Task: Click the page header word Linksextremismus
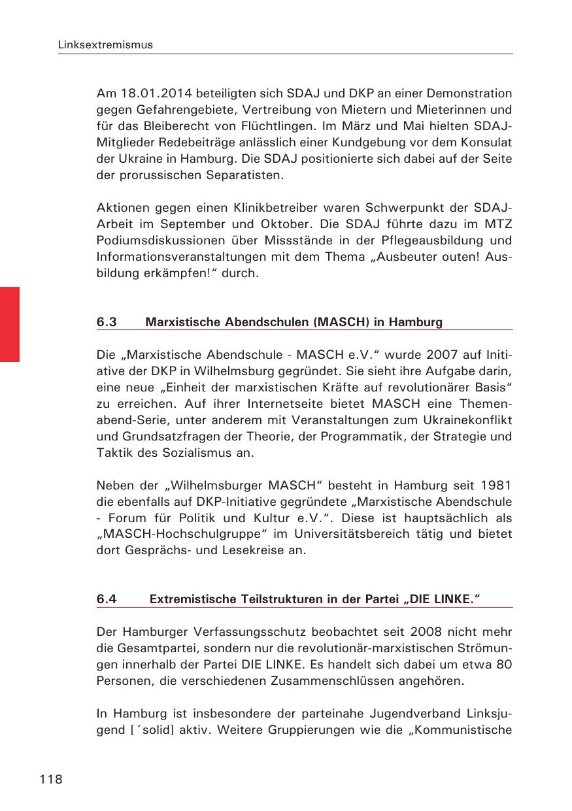pyautogui.click(x=105, y=45)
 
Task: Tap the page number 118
pyautogui.click(x=51, y=778)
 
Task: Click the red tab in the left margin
pyautogui.click(x=10, y=323)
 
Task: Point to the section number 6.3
pyautogui.click(x=107, y=322)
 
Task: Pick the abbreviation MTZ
pyautogui.click(x=499, y=225)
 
